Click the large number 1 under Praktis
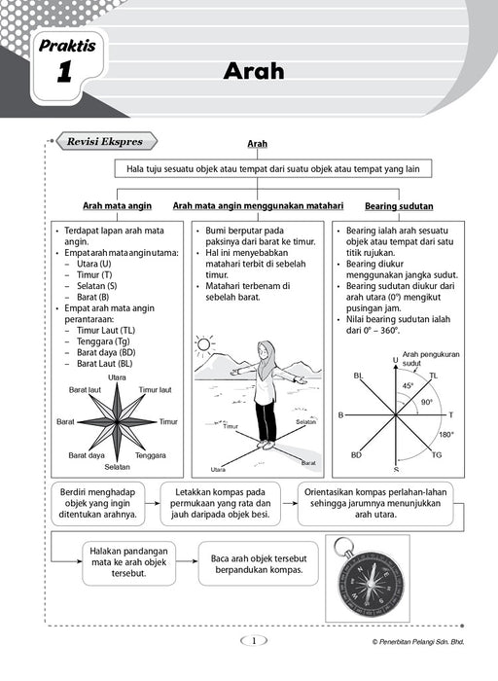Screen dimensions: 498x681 [x=64, y=72]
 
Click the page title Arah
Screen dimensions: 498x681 [x=254, y=71]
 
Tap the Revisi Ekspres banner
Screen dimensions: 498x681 [x=106, y=142]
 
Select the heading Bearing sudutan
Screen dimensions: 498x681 [x=399, y=206]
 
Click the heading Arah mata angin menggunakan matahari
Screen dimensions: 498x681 [x=258, y=206]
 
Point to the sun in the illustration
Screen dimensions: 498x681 [x=203, y=345]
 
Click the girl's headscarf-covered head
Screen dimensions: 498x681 [x=266, y=352]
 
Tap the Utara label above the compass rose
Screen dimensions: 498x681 [x=117, y=377]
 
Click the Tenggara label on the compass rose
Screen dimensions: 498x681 [x=150, y=455]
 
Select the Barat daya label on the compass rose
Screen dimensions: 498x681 [x=87, y=455]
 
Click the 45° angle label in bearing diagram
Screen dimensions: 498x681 [x=409, y=385]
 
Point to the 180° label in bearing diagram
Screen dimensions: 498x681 [x=446, y=434]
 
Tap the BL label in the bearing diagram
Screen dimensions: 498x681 [x=358, y=376]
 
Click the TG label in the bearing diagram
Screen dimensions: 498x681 [x=437, y=454]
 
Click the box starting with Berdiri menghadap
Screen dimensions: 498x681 [x=97, y=503]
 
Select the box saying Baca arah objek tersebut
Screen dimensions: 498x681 [x=259, y=563]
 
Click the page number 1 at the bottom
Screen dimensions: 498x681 [x=254, y=640]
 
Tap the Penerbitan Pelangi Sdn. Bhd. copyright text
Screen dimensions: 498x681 [x=418, y=641]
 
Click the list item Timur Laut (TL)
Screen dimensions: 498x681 [x=106, y=330]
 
